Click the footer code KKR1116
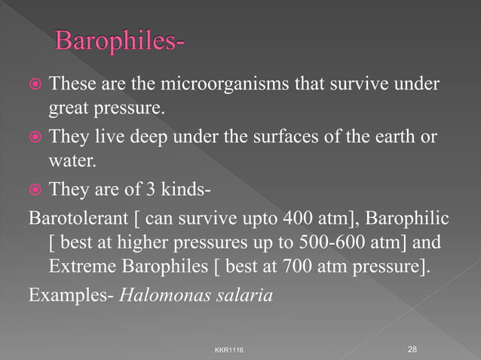229,350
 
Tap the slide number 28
412,349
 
